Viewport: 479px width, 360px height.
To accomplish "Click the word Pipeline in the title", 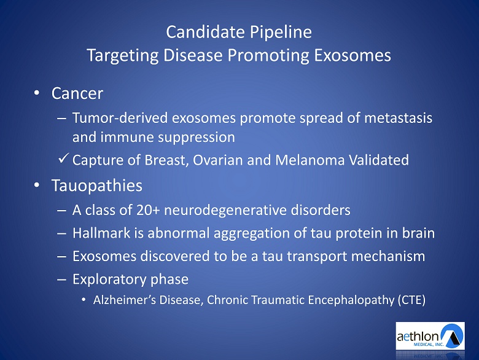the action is tap(281, 33).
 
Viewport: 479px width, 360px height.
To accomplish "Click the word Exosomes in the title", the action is tap(352, 55).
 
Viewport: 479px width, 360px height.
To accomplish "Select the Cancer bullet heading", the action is tap(77, 93).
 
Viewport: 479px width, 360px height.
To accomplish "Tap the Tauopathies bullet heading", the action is tap(97, 186).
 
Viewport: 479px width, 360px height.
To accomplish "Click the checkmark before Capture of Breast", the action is tap(63, 158).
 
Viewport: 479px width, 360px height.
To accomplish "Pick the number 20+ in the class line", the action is tap(148, 210).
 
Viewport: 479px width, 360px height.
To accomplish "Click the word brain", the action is tap(418, 233).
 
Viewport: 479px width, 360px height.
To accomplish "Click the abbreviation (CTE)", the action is tap(411, 300).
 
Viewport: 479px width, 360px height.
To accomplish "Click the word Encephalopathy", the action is tap(351, 300).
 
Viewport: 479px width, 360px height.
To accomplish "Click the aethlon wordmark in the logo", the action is tap(418, 337).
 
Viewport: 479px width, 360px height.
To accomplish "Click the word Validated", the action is tap(379, 160).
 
